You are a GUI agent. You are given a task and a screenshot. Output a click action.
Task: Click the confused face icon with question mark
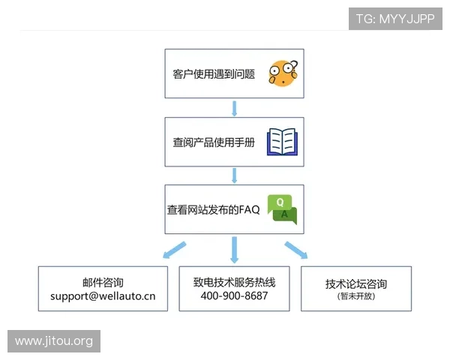click(283, 73)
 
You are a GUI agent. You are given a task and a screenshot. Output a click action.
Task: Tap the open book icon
click(283, 141)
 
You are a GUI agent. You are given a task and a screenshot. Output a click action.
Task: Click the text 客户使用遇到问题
click(214, 74)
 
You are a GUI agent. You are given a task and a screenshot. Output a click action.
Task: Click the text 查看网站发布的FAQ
click(213, 210)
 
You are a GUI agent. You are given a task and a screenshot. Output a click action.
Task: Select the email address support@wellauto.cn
click(103, 295)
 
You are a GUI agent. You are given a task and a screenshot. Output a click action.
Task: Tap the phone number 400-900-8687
click(234, 295)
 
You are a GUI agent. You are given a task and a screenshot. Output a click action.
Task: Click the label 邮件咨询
click(103, 282)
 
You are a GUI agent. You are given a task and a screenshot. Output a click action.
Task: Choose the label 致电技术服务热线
click(234, 282)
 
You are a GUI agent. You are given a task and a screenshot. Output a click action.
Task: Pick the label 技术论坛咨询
click(356, 284)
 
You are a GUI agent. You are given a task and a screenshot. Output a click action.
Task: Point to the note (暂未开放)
click(356, 297)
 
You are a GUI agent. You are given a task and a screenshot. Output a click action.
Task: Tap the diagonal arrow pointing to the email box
click(175, 250)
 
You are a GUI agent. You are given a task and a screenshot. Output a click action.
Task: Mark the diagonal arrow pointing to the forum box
click(295, 250)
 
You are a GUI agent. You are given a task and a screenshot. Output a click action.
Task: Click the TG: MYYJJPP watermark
click(394, 19)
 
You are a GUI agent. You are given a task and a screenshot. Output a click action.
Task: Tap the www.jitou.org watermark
click(54, 341)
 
